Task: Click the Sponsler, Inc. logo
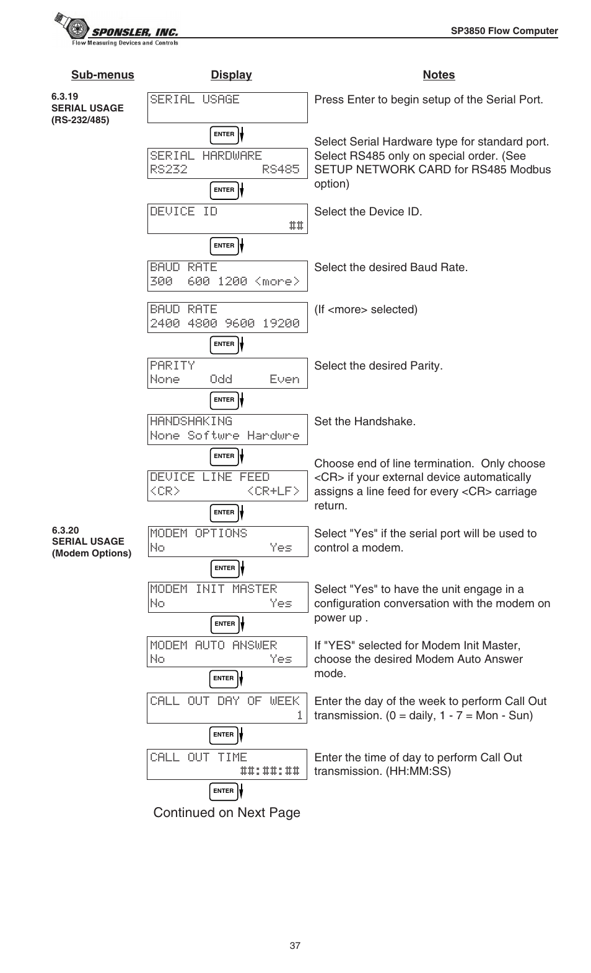116,30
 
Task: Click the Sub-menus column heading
102,75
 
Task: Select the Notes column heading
439,75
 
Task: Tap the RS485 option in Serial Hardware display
281,170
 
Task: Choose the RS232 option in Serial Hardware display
169,170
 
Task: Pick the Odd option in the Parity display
221,379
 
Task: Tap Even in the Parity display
284,379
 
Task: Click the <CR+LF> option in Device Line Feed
273,491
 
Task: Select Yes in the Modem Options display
281,548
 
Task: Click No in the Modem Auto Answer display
157,659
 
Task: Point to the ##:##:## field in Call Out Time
269,771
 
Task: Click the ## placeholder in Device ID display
296,226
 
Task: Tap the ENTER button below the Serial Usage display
224,134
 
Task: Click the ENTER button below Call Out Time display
224,791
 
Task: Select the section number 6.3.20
65,530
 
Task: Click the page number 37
295,946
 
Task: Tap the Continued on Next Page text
227,813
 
